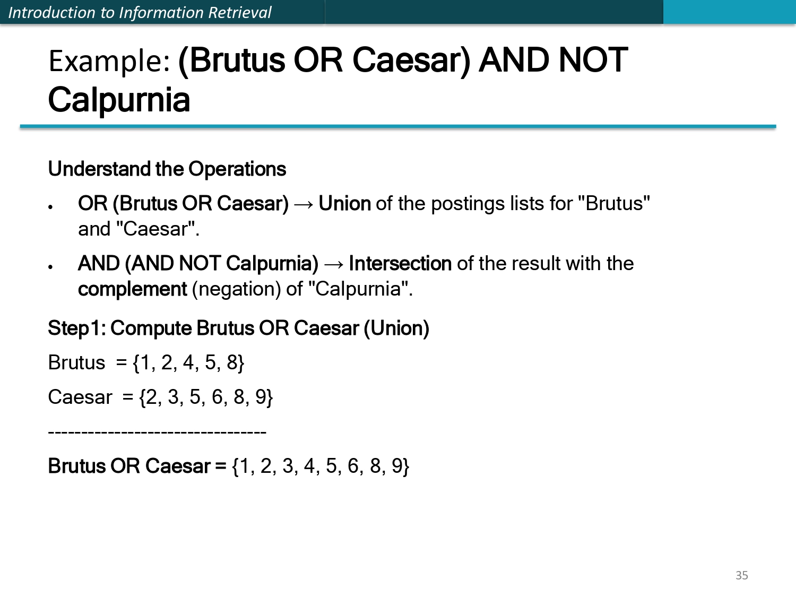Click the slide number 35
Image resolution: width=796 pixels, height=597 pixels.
pyautogui.click(x=741, y=575)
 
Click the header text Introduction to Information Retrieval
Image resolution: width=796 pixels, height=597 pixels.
pyautogui.click(x=140, y=12)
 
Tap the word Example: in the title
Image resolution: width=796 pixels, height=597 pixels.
pyautogui.click(x=109, y=61)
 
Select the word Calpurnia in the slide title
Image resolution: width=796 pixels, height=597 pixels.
pyautogui.click(x=119, y=100)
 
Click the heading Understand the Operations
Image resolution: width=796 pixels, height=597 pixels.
pyautogui.click(x=167, y=169)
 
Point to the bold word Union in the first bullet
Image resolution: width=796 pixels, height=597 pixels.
pyautogui.click(x=344, y=204)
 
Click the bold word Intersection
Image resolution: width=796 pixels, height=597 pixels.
pyautogui.click(x=400, y=264)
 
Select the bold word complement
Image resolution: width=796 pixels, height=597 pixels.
pyautogui.click(x=132, y=289)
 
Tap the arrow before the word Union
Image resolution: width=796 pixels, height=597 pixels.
pyautogui.click(x=304, y=204)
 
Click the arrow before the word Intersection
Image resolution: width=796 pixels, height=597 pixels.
pyautogui.click(x=333, y=264)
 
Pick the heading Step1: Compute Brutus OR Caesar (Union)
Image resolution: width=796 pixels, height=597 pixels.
pyautogui.click(x=238, y=328)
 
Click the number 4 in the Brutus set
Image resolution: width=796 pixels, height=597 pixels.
pyautogui.click(x=188, y=363)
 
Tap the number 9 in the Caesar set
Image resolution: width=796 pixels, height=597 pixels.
pyautogui.click(x=261, y=397)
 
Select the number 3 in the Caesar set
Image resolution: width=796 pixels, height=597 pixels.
pyautogui.click(x=173, y=397)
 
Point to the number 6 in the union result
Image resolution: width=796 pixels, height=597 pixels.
pyautogui.click(x=353, y=466)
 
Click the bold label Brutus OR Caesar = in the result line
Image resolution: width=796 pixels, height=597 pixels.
pyautogui.click(x=137, y=466)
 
